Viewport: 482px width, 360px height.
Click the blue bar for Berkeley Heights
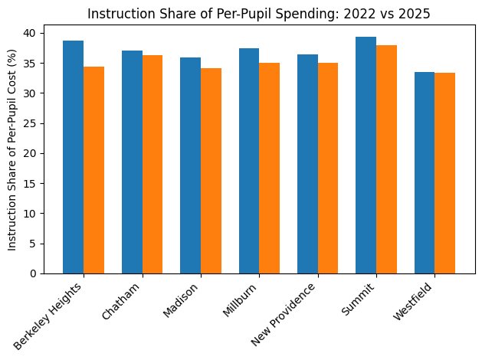point(74,157)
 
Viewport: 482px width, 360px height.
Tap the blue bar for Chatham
point(132,162)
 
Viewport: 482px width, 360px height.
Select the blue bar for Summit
point(366,155)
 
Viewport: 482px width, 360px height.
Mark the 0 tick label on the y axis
point(34,273)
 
